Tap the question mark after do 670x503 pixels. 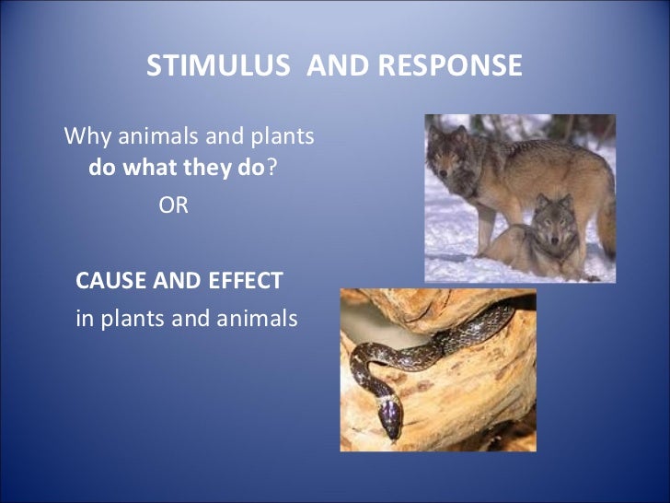[271, 170]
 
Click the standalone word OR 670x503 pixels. [173, 205]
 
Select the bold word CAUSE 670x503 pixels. [107, 281]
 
